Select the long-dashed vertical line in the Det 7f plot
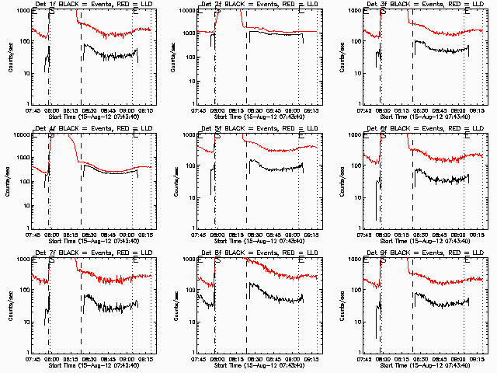coord(82,311)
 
